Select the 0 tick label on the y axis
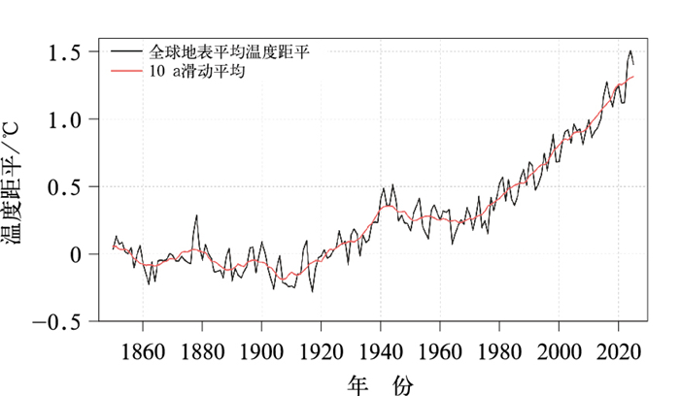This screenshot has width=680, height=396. pyautogui.click(x=77, y=254)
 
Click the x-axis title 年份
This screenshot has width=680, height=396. pyautogui.click(x=380, y=383)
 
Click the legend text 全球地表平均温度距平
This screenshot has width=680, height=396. pyautogui.click(x=234, y=49)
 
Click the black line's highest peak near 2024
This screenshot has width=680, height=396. pyautogui.click(x=629, y=51)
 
